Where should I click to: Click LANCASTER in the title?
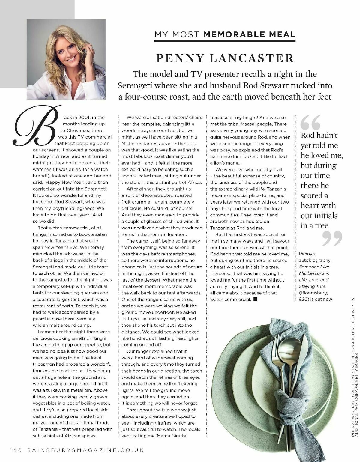point(252,58)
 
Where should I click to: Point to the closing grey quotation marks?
point(332,239)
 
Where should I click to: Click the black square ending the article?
point(255,299)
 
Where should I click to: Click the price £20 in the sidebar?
point(305,299)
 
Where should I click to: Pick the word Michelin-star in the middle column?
point(135,144)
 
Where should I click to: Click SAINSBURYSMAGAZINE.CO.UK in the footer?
point(85,450)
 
